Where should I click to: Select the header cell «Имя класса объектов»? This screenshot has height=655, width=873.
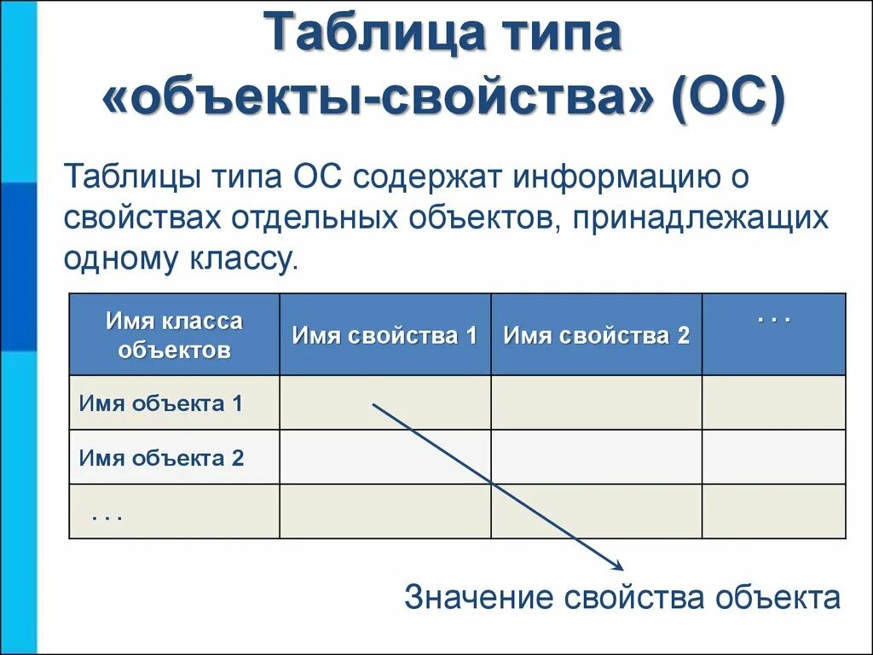174,335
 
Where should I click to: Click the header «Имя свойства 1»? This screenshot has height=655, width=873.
384,335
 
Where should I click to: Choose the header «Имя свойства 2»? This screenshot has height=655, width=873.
596,335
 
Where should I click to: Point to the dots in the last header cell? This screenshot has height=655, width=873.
774,318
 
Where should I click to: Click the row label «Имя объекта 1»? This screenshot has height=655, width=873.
161,403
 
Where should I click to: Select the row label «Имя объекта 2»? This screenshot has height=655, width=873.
161,458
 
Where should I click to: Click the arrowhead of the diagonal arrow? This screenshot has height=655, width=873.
619,565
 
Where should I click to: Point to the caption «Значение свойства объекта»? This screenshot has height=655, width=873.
622,597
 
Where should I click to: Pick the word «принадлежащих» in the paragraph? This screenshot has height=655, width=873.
701,218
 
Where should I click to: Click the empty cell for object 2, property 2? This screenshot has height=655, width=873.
596,457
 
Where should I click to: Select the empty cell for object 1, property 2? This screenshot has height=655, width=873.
596,403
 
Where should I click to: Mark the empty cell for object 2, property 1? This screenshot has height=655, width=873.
384,457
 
